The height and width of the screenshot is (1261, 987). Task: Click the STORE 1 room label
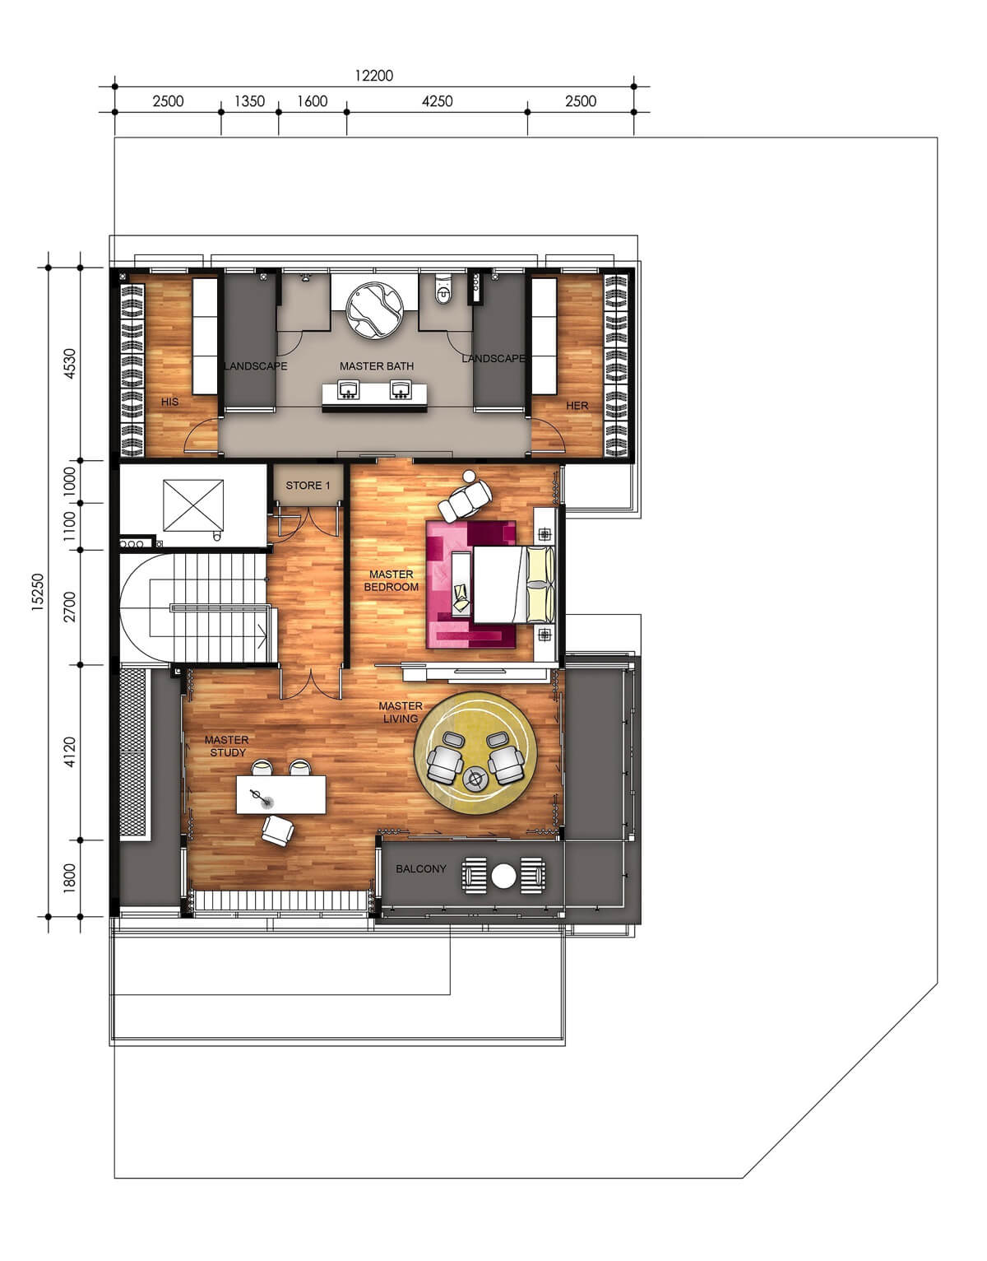tap(308, 485)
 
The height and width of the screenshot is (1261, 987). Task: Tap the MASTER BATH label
tap(377, 366)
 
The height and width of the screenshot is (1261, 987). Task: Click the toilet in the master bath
tap(443, 291)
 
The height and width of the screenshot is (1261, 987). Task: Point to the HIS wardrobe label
tap(170, 402)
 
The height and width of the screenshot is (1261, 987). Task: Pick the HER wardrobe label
tap(577, 406)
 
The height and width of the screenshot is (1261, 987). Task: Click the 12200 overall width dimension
tap(374, 76)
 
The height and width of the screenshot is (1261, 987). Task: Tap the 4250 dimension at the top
tap(438, 101)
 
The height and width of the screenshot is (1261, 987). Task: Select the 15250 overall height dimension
tap(37, 592)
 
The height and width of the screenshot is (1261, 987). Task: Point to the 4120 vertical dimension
tap(70, 752)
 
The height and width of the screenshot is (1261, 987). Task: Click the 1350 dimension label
tap(249, 101)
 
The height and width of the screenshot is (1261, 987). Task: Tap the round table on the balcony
tap(503, 877)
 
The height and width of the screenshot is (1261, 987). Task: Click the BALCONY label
tap(421, 868)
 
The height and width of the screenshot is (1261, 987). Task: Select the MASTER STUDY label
tap(227, 747)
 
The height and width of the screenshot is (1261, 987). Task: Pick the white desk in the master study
tap(281, 794)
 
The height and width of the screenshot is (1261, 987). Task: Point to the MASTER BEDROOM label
tap(392, 580)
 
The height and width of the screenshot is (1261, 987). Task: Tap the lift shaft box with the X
tap(193, 505)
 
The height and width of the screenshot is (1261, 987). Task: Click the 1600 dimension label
tap(312, 101)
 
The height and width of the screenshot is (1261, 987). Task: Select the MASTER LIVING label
tap(400, 712)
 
